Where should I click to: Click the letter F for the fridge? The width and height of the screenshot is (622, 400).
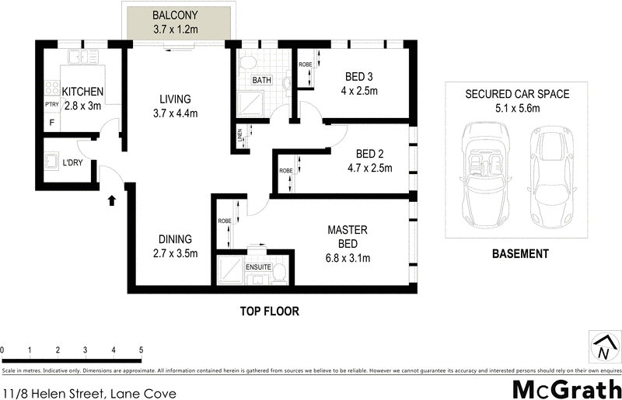click(52, 123)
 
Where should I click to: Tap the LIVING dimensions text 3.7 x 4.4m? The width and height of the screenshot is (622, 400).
click(176, 113)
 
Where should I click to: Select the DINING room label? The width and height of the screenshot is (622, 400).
click(176, 239)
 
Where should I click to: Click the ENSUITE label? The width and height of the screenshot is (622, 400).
click(259, 267)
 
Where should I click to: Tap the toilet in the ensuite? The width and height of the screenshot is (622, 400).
click(280, 270)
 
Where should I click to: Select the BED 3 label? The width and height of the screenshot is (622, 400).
click(361, 76)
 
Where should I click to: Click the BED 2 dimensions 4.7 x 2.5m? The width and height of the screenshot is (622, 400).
click(369, 167)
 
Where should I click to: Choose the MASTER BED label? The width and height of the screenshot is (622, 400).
click(348, 237)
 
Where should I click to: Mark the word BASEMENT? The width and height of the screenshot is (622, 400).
click(521, 254)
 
